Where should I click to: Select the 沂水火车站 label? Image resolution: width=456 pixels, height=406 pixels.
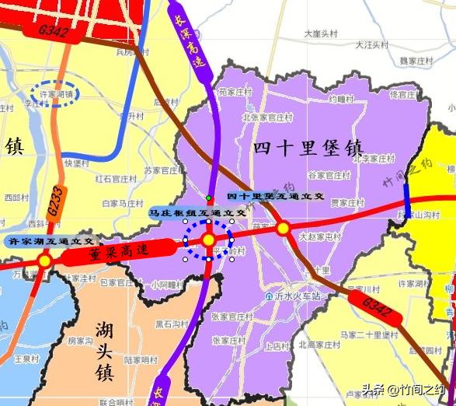[295, 296]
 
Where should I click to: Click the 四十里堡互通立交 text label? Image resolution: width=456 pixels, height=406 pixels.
[275, 197]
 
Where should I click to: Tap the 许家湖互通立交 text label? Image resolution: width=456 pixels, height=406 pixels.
[50, 242]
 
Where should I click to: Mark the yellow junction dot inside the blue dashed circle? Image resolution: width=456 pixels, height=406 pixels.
[208, 240]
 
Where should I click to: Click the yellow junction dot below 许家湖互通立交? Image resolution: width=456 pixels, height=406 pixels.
[45, 260]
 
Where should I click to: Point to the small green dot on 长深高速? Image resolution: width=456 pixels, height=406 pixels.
[208, 198]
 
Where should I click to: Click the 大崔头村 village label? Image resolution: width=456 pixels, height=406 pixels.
[319, 33]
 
